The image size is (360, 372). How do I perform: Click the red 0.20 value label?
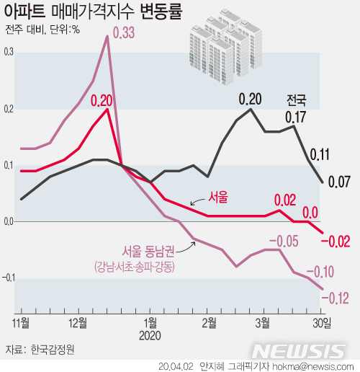tap(102, 100)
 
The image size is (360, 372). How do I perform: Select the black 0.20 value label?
tap(250, 99)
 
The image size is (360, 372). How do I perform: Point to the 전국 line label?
tap(296, 99)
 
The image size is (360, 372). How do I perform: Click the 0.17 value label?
tap(296, 115)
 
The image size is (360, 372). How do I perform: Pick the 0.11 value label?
tap(319, 154)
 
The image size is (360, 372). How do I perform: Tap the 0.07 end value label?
tap(339, 181)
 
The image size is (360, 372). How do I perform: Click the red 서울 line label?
tap(218, 196)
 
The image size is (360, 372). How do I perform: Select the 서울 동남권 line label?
tap(148, 252)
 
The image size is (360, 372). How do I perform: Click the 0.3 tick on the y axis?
tap(9, 53)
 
